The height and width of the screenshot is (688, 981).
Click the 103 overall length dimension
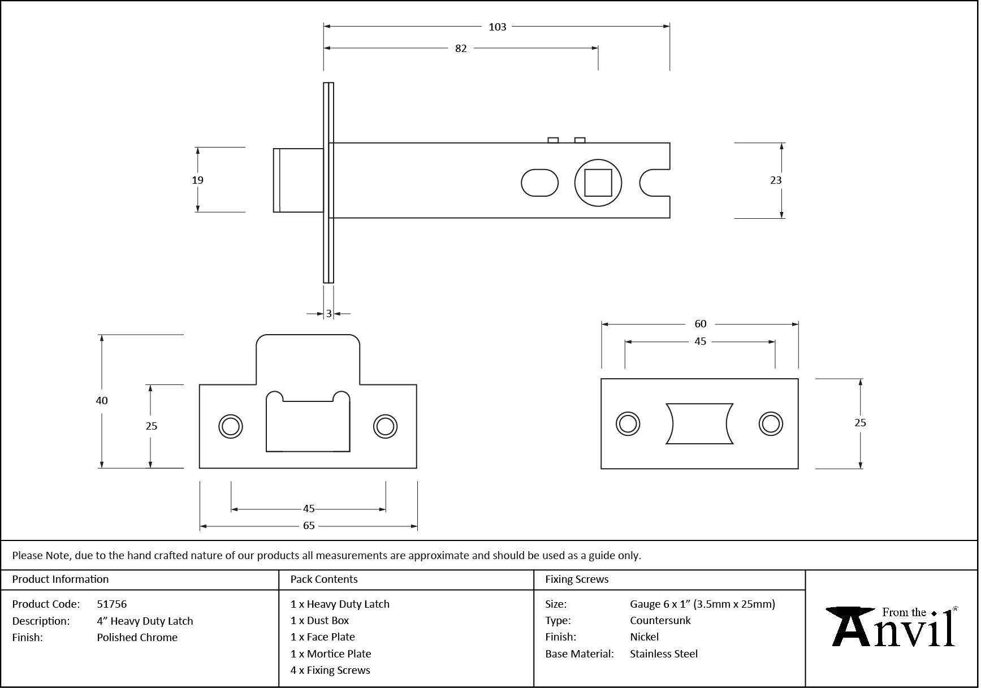[x=497, y=27]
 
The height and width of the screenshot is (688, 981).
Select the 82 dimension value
[x=461, y=49]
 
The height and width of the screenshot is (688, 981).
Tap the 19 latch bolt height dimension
[x=197, y=180]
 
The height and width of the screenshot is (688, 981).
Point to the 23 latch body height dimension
[x=776, y=180]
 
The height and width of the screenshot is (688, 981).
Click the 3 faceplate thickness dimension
[x=329, y=314]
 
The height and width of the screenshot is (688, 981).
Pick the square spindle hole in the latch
[x=598, y=183]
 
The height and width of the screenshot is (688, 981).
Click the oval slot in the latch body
[x=539, y=183]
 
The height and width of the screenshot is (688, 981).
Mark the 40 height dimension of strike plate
[x=102, y=401]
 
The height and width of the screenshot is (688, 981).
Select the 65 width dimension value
[x=309, y=526]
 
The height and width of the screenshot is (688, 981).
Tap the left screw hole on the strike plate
[x=231, y=426]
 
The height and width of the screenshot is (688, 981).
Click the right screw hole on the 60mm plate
[x=770, y=423]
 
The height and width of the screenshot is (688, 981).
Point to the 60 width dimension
[x=700, y=324]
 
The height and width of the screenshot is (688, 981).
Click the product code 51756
[x=112, y=604]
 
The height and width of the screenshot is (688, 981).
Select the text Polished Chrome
[x=137, y=638]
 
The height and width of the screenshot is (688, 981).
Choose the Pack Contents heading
[x=324, y=579]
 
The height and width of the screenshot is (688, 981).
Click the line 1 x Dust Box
[x=319, y=621]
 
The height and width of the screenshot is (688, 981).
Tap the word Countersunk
[x=660, y=621]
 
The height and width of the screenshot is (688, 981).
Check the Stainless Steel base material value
[x=664, y=654]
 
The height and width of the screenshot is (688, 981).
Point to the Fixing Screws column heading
[x=577, y=579]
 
